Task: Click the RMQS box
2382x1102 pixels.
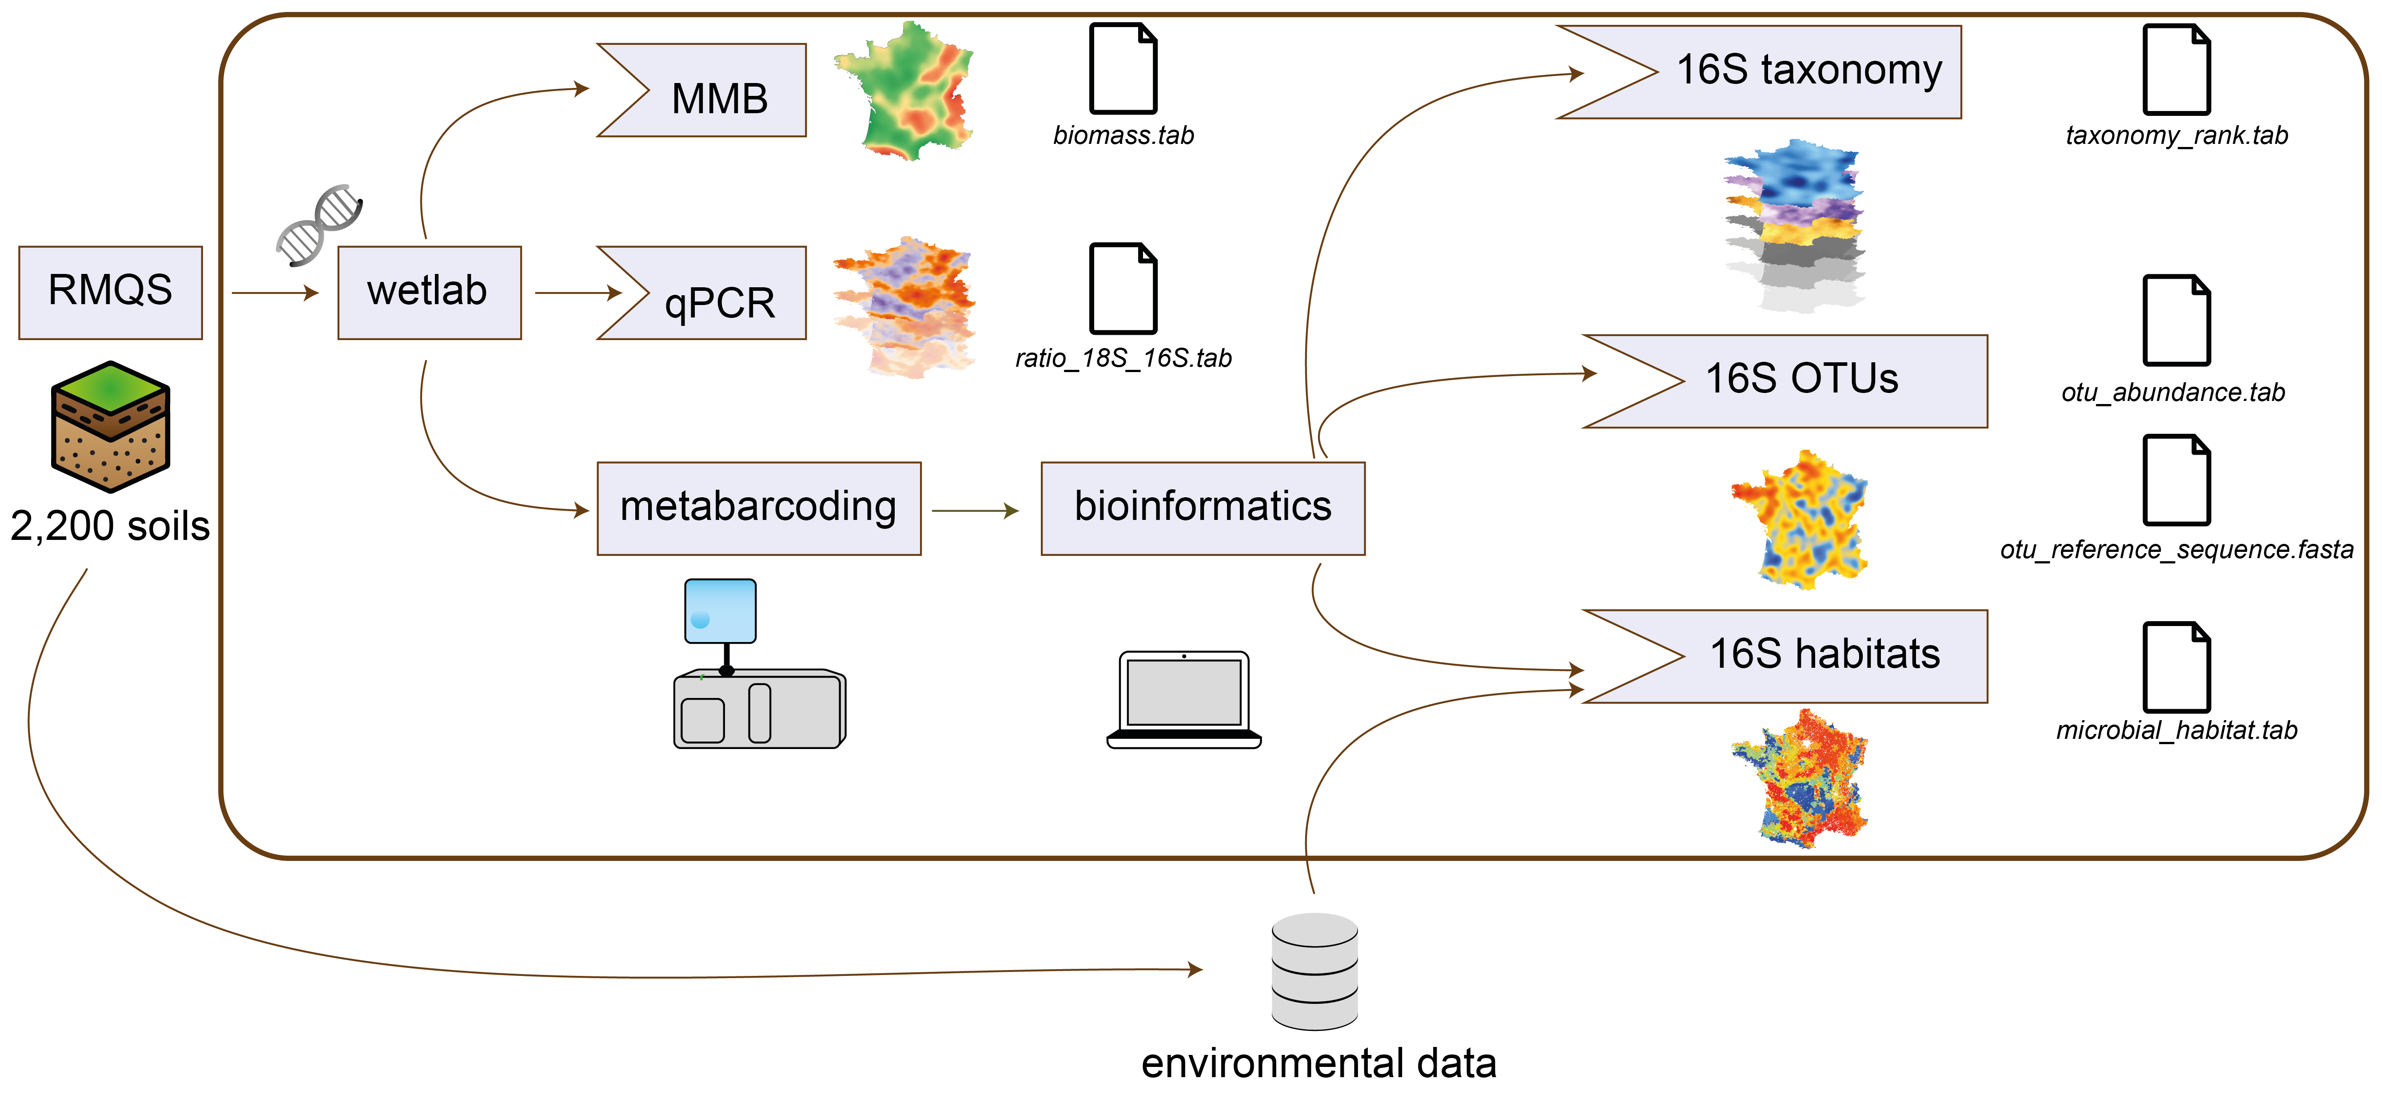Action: (110, 292)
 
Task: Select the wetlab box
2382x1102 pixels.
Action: (429, 292)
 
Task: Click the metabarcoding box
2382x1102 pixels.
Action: (758, 507)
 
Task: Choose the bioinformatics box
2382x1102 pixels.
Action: (1202, 507)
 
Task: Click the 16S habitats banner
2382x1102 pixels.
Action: (1822, 654)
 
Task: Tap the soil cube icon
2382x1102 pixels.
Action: (110, 425)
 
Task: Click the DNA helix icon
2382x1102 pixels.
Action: (319, 225)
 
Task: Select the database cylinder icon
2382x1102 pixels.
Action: (1314, 971)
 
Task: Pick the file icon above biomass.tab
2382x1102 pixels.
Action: (1123, 69)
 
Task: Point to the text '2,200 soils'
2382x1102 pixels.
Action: (110, 525)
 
